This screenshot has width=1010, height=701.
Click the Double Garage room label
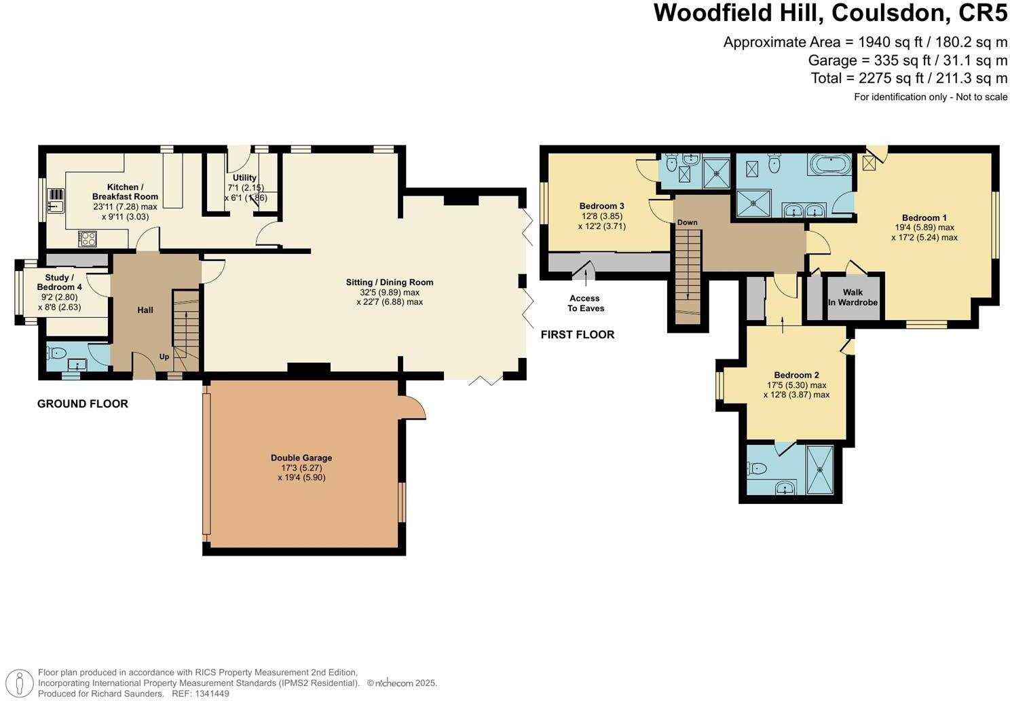click(301, 458)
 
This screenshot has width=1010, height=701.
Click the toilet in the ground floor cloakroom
click(56, 353)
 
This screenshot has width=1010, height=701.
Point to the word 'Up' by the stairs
click(164, 357)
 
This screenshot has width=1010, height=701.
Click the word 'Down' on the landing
click(687, 223)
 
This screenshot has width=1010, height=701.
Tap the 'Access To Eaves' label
click(585, 303)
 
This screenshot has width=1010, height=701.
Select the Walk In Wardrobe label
click(853, 298)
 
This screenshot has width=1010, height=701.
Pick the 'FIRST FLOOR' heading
click(577, 334)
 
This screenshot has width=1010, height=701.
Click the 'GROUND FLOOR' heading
click(83, 403)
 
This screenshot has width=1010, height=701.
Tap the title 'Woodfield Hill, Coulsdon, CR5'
click(830, 14)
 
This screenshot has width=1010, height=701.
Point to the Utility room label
click(244, 178)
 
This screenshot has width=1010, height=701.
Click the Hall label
click(145, 310)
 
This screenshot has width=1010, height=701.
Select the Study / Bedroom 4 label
click(60, 283)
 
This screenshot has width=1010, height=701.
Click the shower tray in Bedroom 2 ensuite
click(823, 469)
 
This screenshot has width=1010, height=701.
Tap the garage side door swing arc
click(415, 408)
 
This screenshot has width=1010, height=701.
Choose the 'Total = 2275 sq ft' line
click(909, 78)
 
